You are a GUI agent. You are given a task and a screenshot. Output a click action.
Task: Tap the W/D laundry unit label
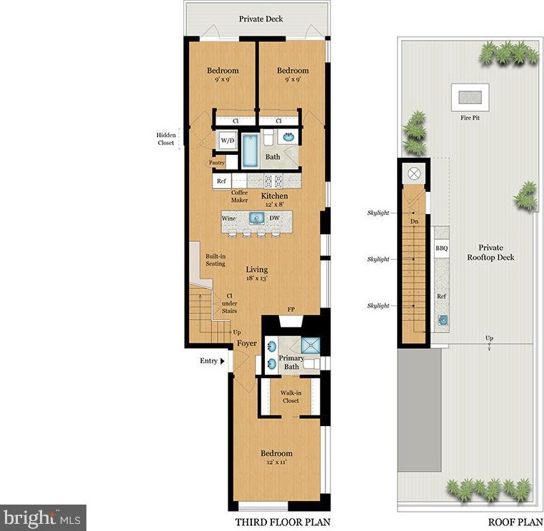228,141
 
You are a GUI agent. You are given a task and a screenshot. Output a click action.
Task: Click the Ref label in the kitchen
221,181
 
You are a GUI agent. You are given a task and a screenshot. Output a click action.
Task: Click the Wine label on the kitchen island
229,218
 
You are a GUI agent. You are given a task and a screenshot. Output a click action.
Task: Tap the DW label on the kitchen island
274,218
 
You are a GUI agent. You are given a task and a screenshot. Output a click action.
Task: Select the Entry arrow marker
222,361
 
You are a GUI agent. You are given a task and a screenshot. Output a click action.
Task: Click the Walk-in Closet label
290,397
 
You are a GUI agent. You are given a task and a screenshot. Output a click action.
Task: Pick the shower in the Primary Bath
311,345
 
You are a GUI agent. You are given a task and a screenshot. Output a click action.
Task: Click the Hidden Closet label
166,138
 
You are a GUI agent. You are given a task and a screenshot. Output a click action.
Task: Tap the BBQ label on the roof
441,248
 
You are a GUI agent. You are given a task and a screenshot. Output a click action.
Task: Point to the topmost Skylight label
378,213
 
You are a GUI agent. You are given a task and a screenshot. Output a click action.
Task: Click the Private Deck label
258,19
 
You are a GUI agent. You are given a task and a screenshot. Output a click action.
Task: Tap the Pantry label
217,163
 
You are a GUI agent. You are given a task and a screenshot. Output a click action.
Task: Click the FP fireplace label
291,310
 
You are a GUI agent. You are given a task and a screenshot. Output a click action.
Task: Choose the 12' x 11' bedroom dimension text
276,463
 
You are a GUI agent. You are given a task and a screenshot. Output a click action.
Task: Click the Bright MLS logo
43,517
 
